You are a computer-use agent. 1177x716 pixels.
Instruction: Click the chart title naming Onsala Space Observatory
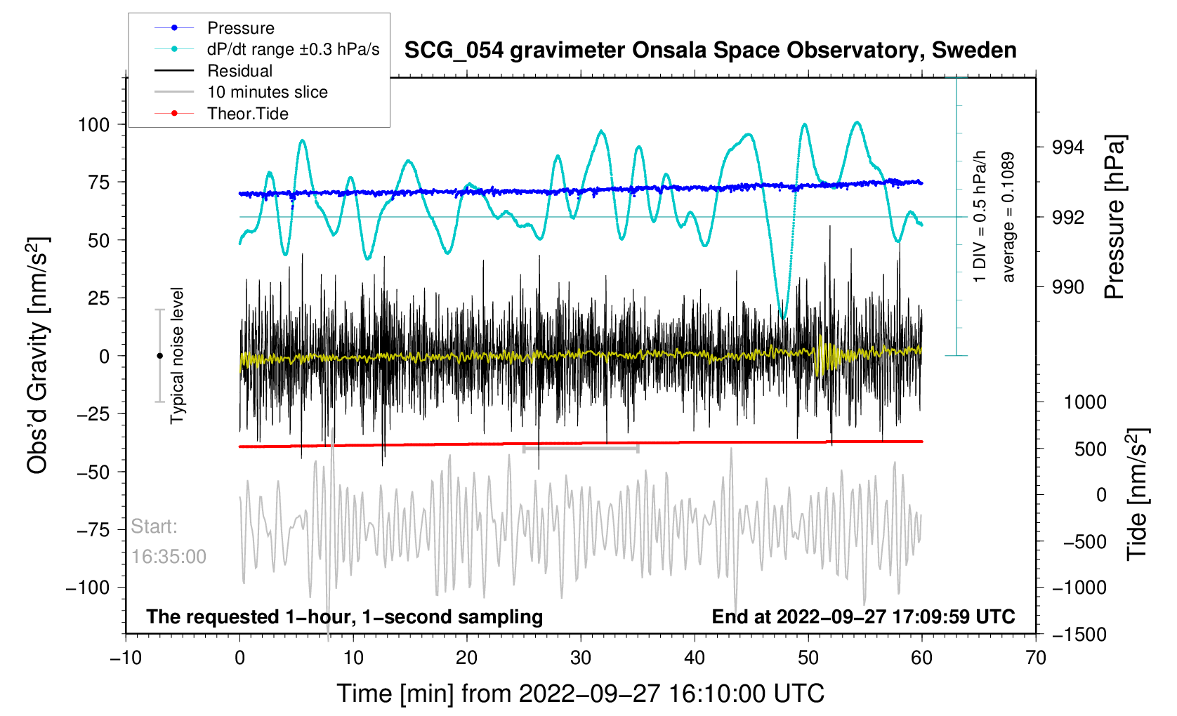pyautogui.click(x=710, y=51)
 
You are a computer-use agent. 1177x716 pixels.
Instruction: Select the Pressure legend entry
pyautogui.click(x=240, y=28)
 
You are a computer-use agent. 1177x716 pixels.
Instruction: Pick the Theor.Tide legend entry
pyautogui.click(x=247, y=114)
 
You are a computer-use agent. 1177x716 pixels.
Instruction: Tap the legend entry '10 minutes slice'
pyautogui.click(x=267, y=92)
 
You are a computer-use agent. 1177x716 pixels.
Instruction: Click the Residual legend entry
pyautogui.click(x=239, y=71)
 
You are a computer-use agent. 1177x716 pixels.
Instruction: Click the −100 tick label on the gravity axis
pyautogui.click(x=88, y=588)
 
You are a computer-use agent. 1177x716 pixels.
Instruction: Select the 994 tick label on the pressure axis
pyautogui.click(x=1067, y=147)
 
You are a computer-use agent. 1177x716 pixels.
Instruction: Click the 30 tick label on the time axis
pyautogui.click(x=581, y=658)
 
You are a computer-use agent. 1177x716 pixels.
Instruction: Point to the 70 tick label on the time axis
pyautogui.click(x=1035, y=658)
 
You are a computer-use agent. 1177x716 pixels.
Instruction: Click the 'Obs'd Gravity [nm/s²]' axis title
pyautogui.click(x=37, y=356)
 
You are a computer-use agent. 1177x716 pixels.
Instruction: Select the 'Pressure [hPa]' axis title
pyautogui.click(x=1114, y=218)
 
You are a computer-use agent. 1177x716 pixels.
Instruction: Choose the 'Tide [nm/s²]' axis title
pyautogui.click(x=1137, y=494)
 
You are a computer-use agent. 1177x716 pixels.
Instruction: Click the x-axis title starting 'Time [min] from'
pyautogui.click(x=580, y=694)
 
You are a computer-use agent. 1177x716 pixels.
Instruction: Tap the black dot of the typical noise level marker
pyautogui.click(x=159, y=356)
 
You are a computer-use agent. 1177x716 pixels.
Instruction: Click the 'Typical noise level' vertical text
pyautogui.click(x=177, y=356)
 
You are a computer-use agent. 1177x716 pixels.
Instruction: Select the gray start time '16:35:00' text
pyautogui.click(x=169, y=557)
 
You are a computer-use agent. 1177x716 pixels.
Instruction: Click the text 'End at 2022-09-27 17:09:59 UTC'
pyautogui.click(x=863, y=617)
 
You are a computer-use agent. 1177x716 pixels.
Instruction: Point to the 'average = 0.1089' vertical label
pyautogui.click(x=1008, y=218)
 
